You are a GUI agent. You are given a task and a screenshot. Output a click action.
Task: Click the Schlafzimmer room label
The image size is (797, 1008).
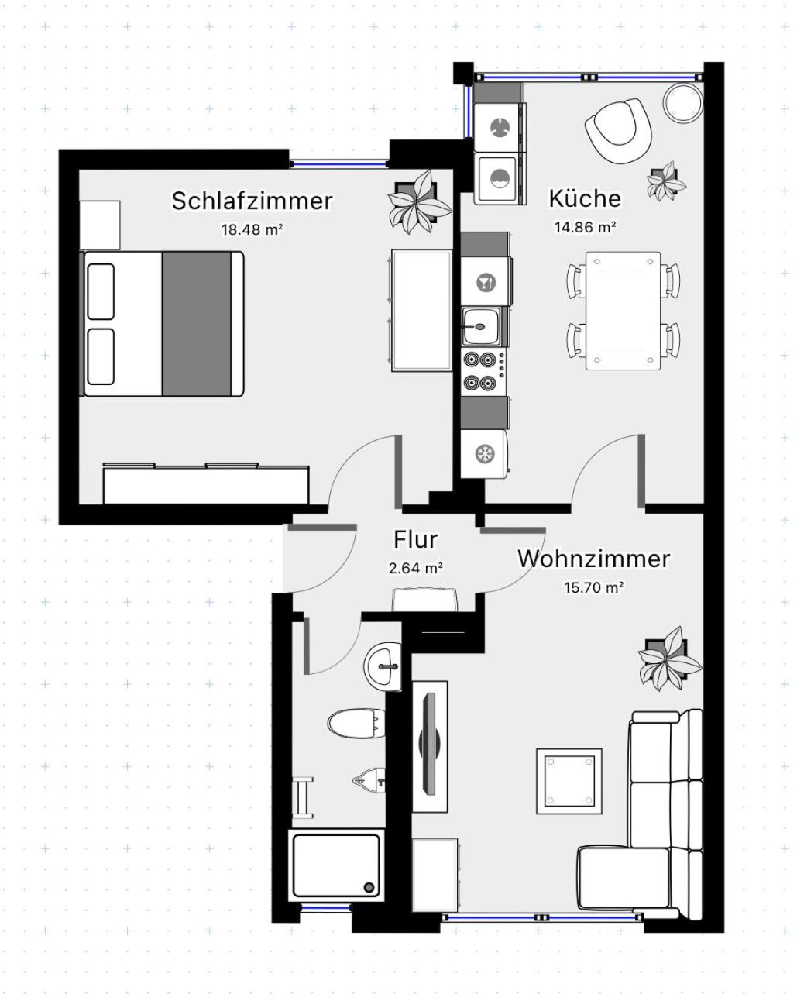[252, 201]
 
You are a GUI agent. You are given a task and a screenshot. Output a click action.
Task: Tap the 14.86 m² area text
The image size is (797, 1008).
[585, 227]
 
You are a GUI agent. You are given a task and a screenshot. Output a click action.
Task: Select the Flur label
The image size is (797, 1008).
[415, 539]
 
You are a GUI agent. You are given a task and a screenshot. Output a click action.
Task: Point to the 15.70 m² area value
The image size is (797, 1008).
[594, 587]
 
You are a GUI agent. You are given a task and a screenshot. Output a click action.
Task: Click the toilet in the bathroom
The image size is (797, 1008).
[356, 724]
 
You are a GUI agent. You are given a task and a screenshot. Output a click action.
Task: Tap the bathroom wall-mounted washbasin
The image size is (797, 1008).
[383, 666]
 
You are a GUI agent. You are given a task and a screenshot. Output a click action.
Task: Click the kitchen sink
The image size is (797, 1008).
[481, 326]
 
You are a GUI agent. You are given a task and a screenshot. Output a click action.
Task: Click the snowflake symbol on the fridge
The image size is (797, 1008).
[484, 454]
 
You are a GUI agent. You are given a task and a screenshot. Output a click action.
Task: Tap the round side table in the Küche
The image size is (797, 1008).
[682, 103]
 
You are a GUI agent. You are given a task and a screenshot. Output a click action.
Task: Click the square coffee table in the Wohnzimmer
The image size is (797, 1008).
[569, 781]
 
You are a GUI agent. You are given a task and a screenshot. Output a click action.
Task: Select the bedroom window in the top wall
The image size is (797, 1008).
[338, 164]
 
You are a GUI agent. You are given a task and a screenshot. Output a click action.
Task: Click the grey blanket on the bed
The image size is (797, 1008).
[197, 324]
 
